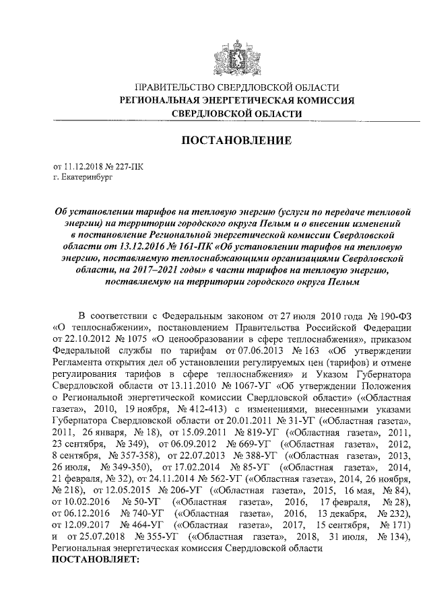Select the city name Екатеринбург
pos(88,178)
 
